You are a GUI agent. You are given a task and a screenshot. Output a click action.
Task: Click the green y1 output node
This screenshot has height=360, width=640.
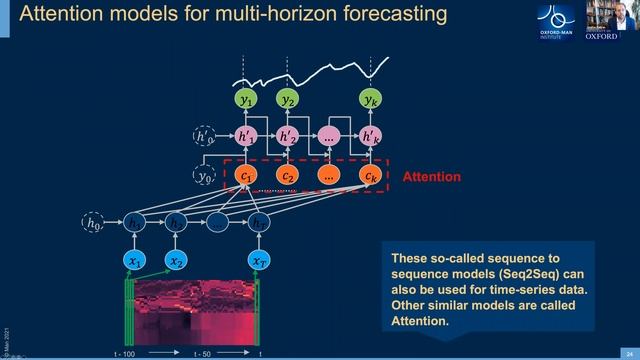pos(246,100)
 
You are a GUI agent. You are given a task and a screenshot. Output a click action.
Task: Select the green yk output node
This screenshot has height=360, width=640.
pos(370,100)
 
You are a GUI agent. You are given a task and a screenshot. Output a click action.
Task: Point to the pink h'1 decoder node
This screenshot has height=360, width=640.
pos(246,135)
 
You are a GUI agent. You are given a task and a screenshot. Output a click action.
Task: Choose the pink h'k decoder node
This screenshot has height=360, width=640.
pos(370,135)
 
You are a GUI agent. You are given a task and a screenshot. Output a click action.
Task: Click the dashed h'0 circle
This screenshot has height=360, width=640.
pos(204,135)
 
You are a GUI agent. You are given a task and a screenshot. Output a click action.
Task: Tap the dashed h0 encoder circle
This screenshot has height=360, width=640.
pos(93,224)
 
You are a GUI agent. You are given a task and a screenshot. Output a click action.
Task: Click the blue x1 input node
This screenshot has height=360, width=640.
pos(134,261)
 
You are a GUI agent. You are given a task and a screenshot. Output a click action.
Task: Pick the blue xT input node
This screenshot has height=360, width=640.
pos(259,261)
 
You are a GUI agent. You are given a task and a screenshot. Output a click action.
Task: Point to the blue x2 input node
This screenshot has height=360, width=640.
pos(176,261)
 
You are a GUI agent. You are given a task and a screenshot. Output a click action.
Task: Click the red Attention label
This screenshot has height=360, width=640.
pos(431,177)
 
